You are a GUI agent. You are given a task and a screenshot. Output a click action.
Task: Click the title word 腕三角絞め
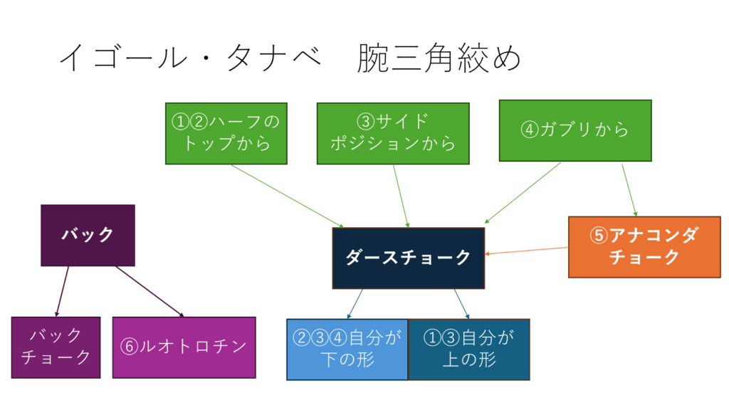[x=439, y=58]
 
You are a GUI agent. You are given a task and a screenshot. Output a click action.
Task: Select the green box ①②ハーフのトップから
[x=226, y=133]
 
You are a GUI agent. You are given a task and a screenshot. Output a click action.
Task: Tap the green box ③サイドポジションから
[x=393, y=132]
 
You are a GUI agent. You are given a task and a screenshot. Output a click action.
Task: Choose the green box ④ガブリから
[x=575, y=131]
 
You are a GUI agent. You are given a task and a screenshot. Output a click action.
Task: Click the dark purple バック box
[x=88, y=235]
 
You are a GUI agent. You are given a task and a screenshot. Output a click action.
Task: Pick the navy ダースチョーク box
[x=408, y=258]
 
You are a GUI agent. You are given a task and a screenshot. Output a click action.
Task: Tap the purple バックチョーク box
[x=56, y=347]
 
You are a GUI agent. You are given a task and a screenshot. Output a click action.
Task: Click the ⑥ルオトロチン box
[x=184, y=347]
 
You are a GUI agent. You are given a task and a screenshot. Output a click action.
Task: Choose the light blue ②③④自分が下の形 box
[x=347, y=349]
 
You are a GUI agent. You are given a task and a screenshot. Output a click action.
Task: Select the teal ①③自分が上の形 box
[x=468, y=349]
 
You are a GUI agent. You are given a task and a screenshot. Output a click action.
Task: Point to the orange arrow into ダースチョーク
[x=527, y=251]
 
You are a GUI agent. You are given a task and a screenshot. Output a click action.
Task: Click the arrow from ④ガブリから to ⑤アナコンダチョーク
[x=629, y=190]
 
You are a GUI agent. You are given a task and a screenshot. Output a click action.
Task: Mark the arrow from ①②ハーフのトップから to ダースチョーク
[x=285, y=196]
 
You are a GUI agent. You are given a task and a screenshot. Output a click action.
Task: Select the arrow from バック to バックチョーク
[x=63, y=291]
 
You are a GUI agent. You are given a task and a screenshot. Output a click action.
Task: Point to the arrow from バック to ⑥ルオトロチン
[x=150, y=291]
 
